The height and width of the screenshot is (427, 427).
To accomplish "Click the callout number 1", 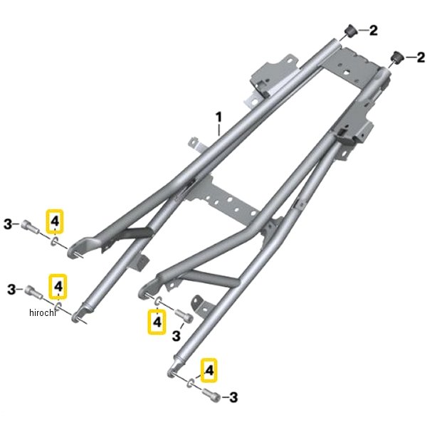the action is coord(218,117).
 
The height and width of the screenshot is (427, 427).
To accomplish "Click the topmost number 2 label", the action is coord(374,30).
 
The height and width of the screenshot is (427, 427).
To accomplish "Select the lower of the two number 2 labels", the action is coord(421,58).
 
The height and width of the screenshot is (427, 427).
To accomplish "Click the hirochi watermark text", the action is coord(42,312).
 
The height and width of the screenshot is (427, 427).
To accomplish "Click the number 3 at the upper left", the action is coord(8,225).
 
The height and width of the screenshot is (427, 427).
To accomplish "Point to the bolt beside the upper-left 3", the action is coord(29,226).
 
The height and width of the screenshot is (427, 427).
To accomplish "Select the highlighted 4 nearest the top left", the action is coord(55,221).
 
